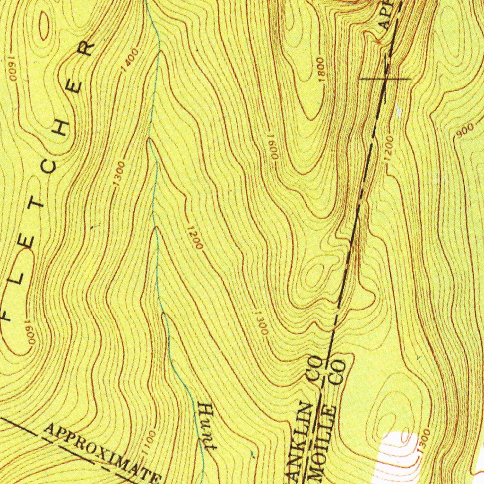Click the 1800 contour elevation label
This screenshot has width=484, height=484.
click(320, 69)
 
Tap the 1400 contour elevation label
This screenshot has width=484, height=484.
click(130, 60)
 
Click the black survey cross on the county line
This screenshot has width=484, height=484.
click(385, 79)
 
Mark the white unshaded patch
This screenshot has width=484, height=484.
click(397, 456)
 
